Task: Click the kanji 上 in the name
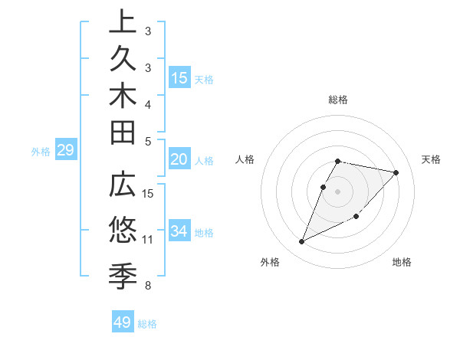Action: point(123,22)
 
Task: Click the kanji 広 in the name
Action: point(123,188)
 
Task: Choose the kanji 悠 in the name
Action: point(123,230)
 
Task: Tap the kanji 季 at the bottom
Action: point(123,273)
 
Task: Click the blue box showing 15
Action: point(179,77)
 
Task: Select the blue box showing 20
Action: point(179,159)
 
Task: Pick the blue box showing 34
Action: point(179,231)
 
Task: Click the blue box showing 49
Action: point(123,322)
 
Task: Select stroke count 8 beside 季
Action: point(148,286)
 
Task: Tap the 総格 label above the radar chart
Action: point(338,100)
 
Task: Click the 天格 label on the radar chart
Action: point(432,159)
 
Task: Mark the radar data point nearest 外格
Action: point(302,242)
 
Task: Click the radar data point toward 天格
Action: point(396,172)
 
